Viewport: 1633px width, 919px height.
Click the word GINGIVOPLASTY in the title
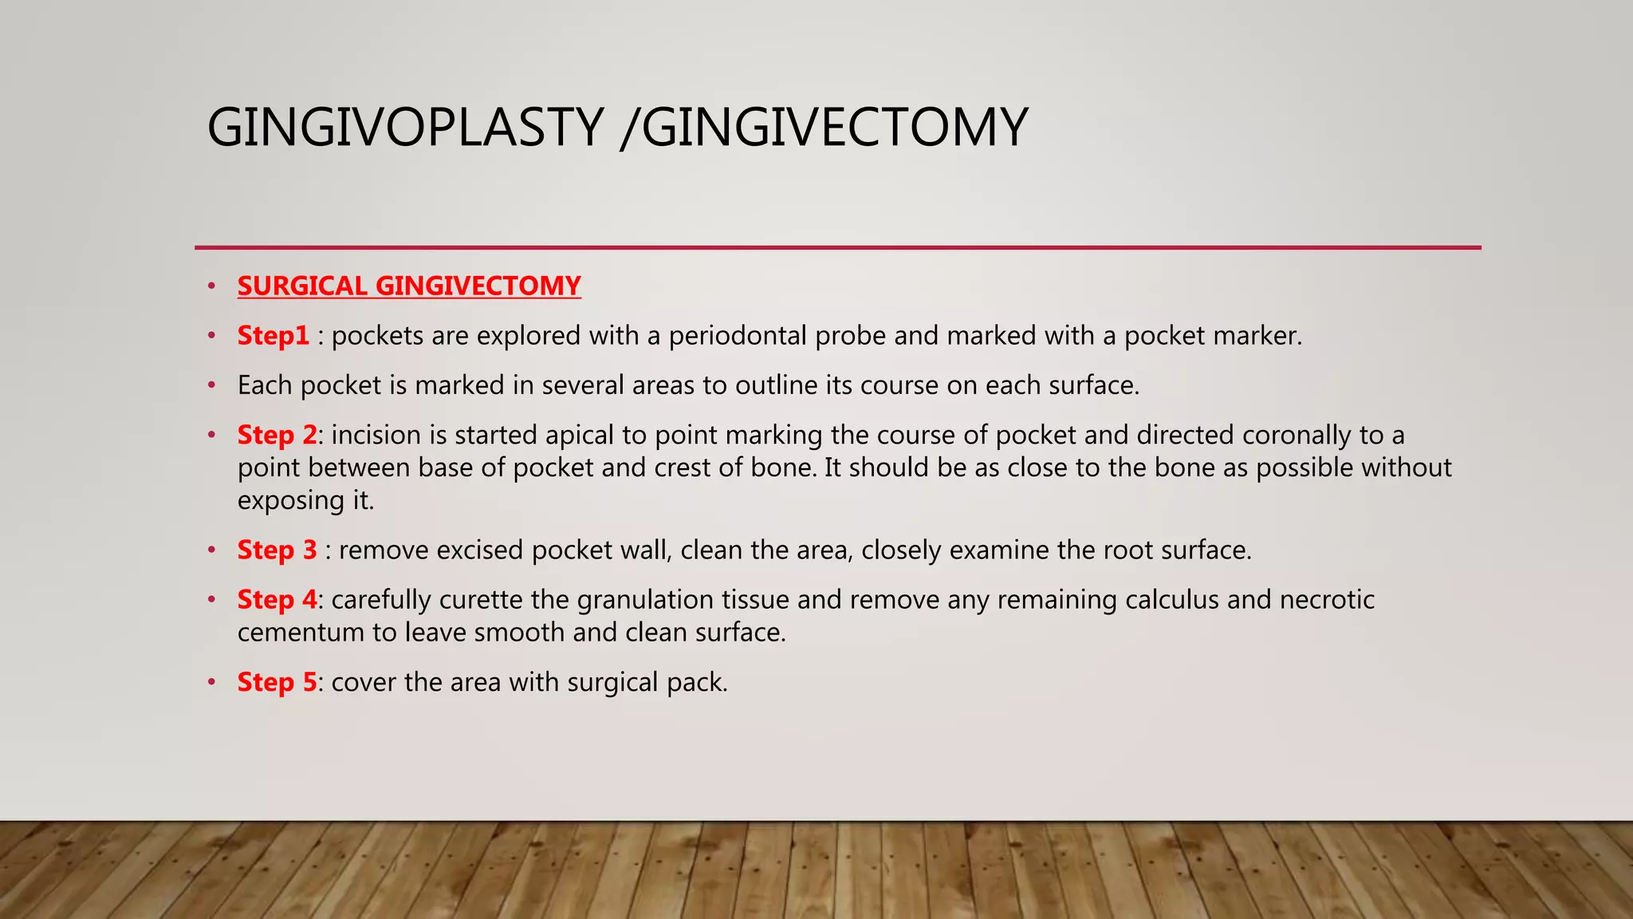[x=405, y=128]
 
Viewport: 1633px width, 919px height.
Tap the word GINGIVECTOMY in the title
[x=835, y=128]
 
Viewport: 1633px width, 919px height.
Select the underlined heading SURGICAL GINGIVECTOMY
[x=409, y=286]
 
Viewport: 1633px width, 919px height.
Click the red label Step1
[x=273, y=336]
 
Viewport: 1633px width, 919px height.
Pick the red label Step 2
[x=277, y=435]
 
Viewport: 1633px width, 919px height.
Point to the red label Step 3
[x=277, y=550]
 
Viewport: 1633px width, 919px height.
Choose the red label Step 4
[x=277, y=599]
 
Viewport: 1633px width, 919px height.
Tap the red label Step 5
[x=277, y=682]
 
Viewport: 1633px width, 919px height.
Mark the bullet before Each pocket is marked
[x=211, y=385]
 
